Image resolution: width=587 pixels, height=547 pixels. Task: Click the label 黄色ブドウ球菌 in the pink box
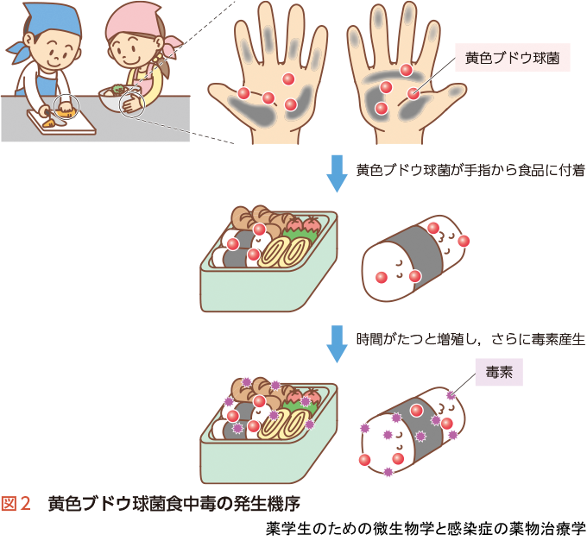512,58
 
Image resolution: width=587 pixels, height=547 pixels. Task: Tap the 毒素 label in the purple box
499,372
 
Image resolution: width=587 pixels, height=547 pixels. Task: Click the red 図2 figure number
16,504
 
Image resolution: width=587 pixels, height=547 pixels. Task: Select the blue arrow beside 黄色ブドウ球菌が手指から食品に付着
337,173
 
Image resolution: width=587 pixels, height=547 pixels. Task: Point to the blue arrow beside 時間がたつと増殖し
337,344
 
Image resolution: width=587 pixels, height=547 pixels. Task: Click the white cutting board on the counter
62,123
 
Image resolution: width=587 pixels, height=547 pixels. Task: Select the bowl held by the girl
116,99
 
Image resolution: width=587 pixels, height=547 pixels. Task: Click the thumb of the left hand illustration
224,98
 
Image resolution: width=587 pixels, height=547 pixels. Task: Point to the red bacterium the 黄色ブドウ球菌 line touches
413,93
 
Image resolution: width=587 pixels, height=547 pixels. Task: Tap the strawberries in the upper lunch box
303,224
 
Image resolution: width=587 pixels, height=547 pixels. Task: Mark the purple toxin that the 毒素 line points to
451,394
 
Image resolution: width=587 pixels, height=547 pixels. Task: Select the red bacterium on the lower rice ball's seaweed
416,411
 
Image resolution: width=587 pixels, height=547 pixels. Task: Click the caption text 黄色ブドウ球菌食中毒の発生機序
174,504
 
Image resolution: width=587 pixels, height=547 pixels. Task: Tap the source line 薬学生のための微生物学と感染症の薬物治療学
426,529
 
